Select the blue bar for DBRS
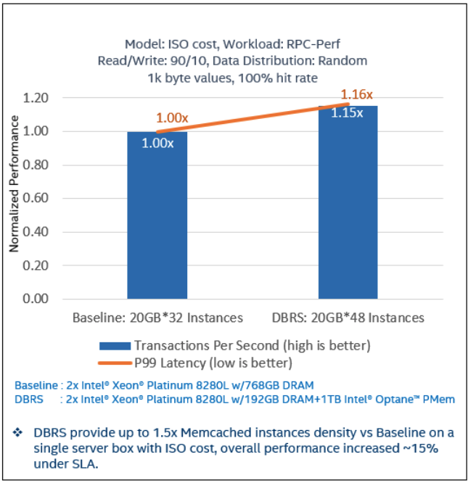pos(348,210)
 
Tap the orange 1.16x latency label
pos(357,94)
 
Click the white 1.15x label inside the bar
pos(348,113)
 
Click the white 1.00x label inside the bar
pos(157,143)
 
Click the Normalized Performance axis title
pos(14,198)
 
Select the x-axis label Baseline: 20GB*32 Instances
pos(157,318)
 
